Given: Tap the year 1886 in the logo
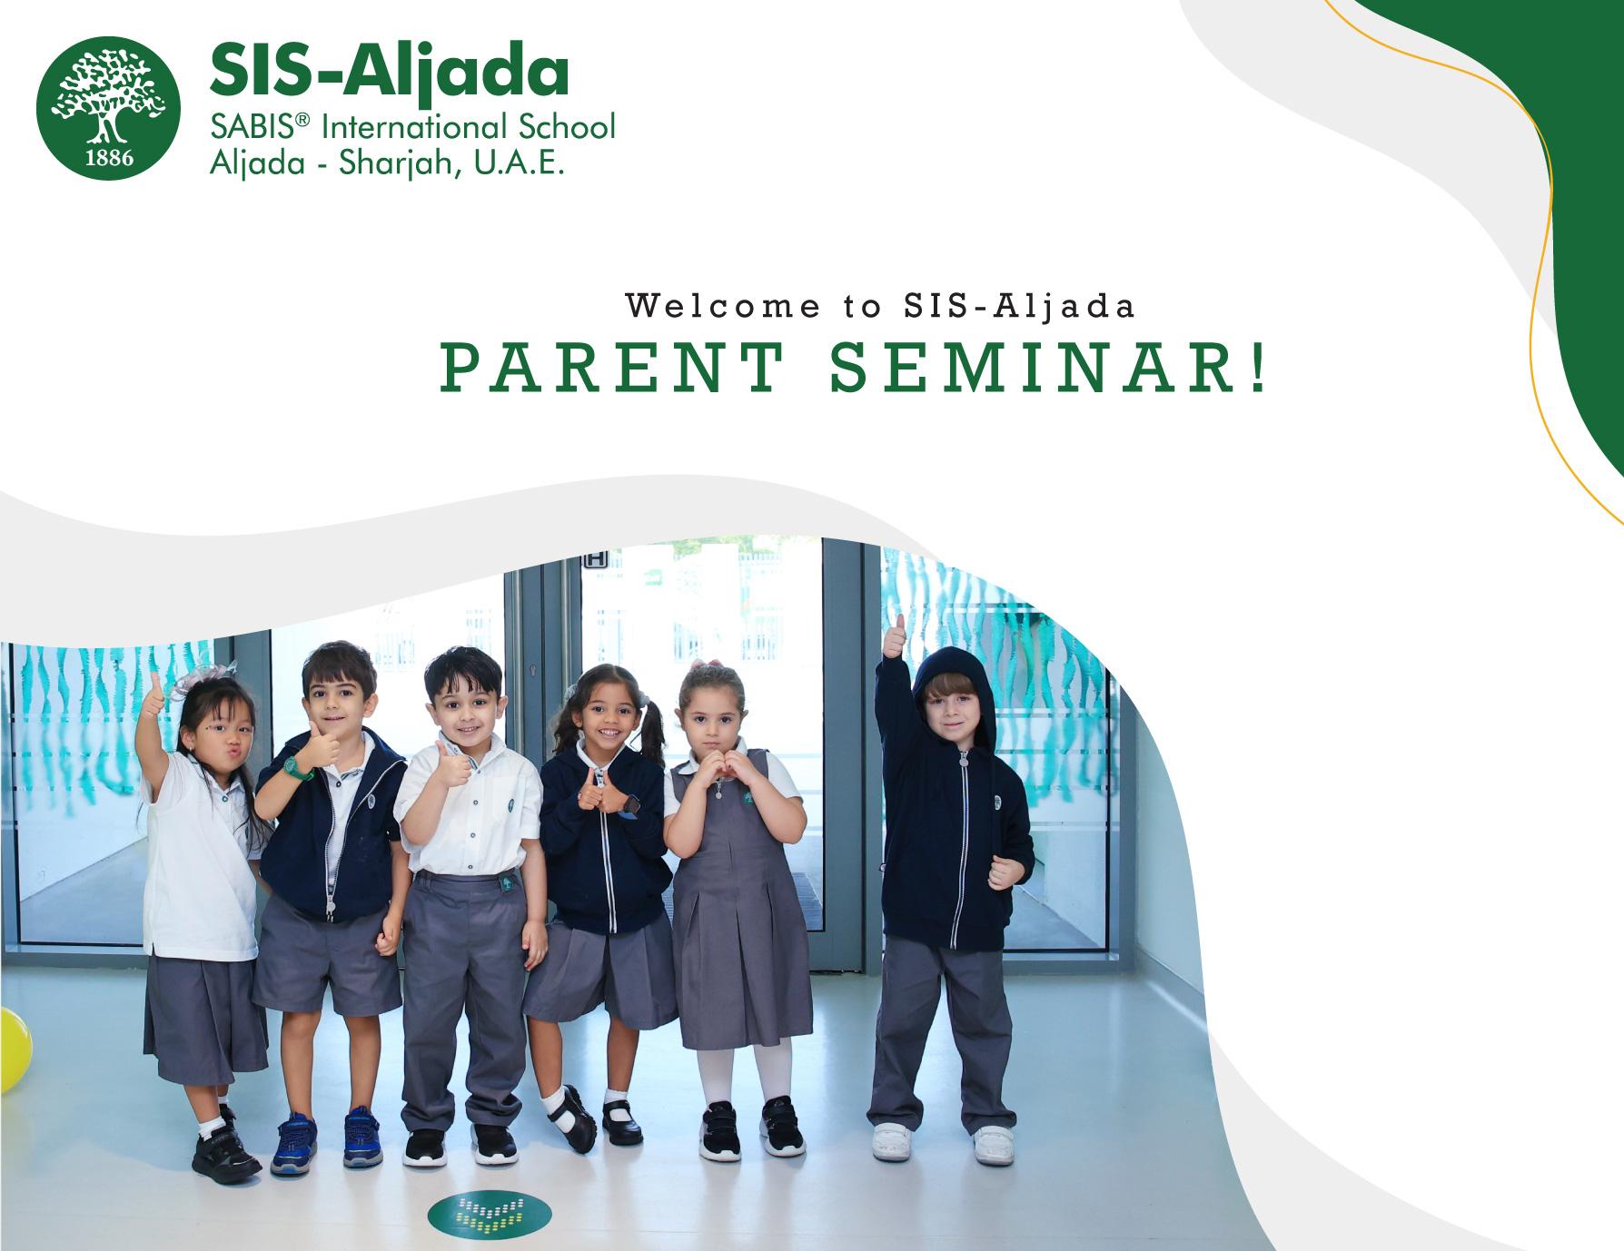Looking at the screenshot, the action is pyautogui.click(x=109, y=157).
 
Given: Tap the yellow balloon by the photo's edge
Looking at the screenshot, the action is pyautogui.click(x=13, y=1049).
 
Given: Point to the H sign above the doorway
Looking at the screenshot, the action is pyautogui.click(x=595, y=560).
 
